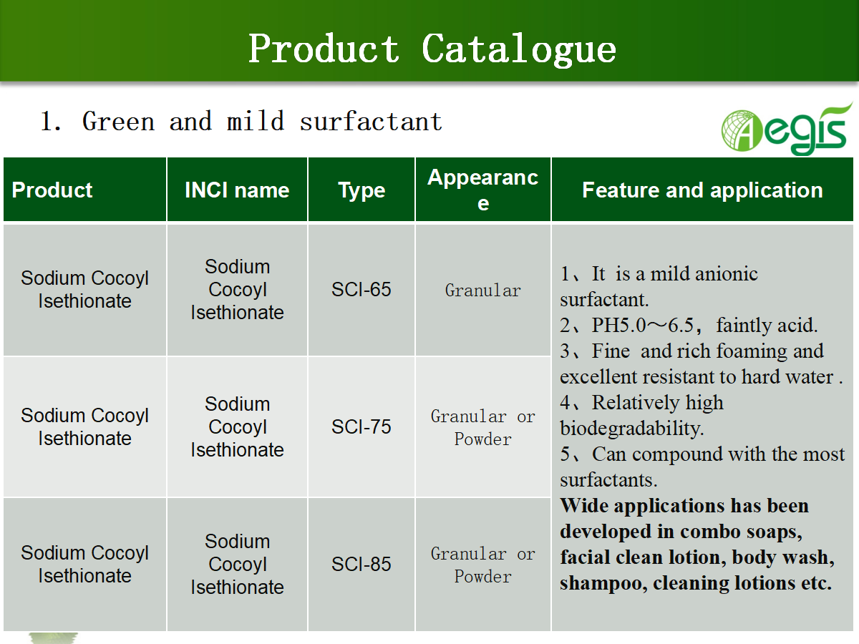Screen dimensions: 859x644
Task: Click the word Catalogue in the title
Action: pos(519,49)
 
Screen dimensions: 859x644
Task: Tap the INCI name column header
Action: pos(237,190)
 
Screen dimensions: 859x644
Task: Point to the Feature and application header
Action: pos(702,190)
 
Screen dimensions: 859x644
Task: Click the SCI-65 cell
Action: pos(361,290)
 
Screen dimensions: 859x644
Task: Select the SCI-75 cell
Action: pos(361,427)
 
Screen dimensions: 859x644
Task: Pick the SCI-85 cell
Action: pos(361,565)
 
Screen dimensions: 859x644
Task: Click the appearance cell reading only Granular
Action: pos(483,291)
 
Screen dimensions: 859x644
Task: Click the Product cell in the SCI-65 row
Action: pos(84,289)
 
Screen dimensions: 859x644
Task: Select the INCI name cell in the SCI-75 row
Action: pos(237,427)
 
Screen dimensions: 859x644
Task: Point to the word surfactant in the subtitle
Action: pos(371,121)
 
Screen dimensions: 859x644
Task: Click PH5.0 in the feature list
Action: pos(618,325)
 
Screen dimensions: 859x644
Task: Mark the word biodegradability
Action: pos(631,429)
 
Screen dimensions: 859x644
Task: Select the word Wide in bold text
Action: pos(584,506)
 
